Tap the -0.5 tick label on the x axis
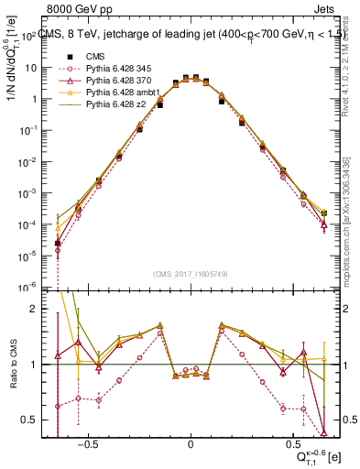(86, 441)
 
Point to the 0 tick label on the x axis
(191, 441)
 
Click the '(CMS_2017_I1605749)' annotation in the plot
(191, 274)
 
